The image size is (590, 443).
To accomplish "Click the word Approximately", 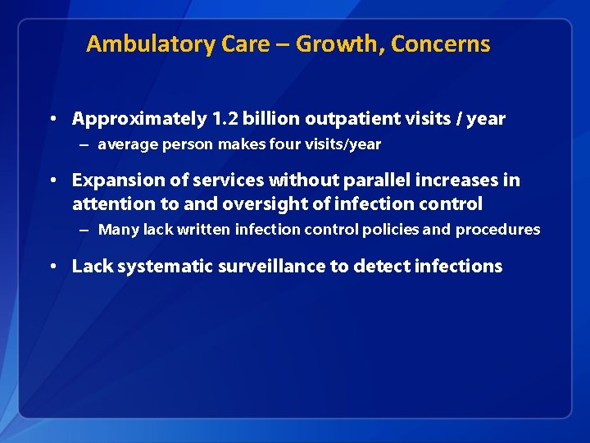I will click(x=139, y=120).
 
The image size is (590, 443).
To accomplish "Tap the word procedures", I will click(x=497, y=230).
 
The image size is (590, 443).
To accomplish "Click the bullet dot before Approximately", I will click(x=52, y=119).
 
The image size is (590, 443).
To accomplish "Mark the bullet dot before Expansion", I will click(x=52, y=180).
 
